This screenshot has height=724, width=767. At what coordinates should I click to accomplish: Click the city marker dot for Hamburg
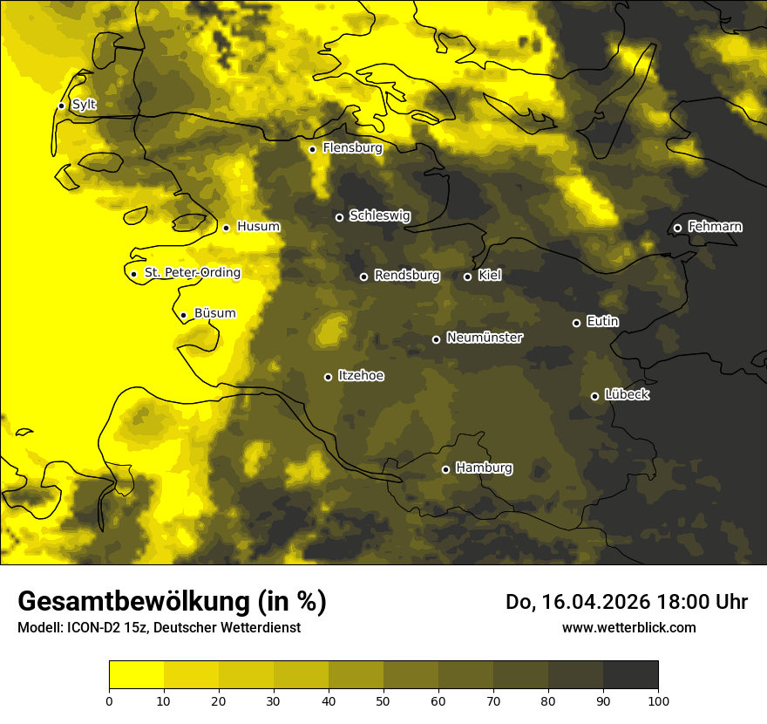pos(445,469)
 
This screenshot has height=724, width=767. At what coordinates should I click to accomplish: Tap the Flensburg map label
pos(352,148)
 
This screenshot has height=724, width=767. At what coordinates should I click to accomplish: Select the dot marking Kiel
pos(467,277)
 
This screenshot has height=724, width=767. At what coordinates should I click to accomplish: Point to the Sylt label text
pos(84,105)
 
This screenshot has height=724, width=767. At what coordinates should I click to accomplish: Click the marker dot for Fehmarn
pos(677,228)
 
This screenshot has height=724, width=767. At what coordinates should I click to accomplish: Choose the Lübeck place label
pos(627,395)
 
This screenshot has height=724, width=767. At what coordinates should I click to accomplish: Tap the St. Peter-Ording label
pos(192,273)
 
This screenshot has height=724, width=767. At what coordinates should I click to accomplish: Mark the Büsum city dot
pos(183,315)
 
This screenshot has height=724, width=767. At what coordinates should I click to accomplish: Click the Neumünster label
pos(484,338)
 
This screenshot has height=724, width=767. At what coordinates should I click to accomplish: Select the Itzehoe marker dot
pos(328,377)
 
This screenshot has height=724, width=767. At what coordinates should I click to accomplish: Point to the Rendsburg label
pos(407,276)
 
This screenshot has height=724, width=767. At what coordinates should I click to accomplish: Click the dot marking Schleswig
pos(339,217)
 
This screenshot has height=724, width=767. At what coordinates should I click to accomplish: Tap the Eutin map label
pos(602,322)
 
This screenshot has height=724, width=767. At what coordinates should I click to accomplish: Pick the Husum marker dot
pos(226,228)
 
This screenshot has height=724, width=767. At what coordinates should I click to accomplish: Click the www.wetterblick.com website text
pos(628,627)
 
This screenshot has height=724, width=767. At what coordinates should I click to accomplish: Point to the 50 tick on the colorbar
pos(383,700)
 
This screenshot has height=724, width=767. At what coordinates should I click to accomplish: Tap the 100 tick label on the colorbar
pos(658,700)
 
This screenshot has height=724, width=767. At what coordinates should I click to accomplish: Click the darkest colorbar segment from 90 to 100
pos(630,674)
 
